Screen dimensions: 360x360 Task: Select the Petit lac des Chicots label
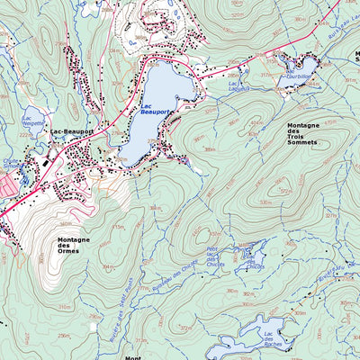pos(214,258)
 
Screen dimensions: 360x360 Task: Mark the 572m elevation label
pos(286,190)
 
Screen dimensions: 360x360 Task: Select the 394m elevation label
pos(107,266)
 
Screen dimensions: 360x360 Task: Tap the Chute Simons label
pos(11,164)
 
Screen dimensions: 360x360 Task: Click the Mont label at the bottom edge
pos(133,356)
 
